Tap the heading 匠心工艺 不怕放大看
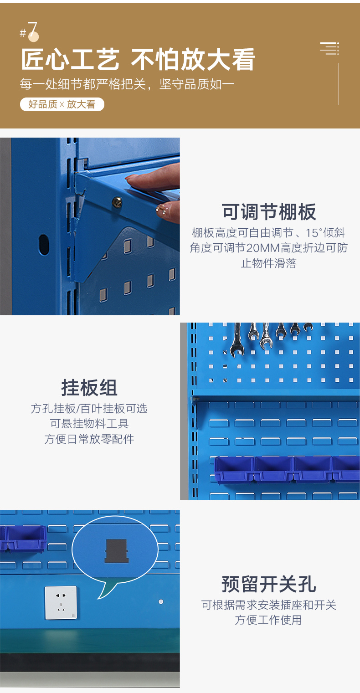[x=138, y=59]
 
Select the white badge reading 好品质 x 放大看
[x=62, y=104]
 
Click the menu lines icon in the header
[x=329, y=49]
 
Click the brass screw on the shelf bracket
[x=117, y=203]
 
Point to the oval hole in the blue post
[x=44, y=244]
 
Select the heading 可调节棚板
[x=269, y=212]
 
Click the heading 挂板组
[x=89, y=387]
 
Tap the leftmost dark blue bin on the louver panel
[x=234, y=470]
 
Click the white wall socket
[x=61, y=602]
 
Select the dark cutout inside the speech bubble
[x=116, y=551]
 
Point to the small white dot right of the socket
[x=161, y=602]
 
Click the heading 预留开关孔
[x=269, y=584]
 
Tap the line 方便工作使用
[x=268, y=620]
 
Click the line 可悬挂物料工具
[x=89, y=424]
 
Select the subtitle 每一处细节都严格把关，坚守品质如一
[x=127, y=84]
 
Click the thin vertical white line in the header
[x=339, y=84]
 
